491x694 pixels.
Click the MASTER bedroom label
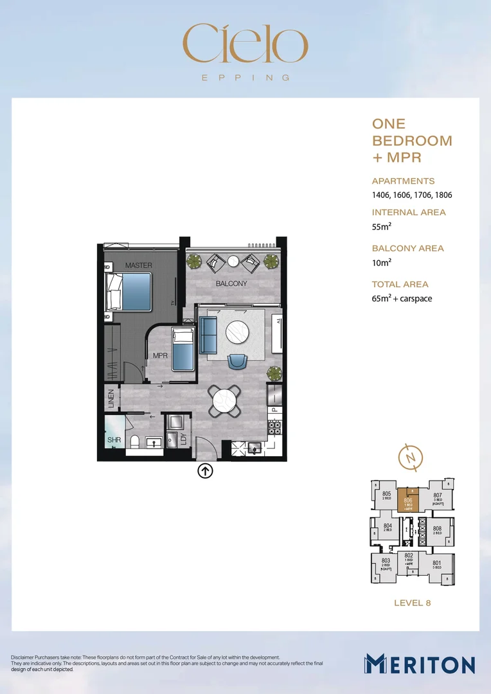138,265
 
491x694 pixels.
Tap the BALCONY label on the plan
231,283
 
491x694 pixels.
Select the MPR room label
160,355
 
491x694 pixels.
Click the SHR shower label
114,441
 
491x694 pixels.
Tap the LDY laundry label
184,440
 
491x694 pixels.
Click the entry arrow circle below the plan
205,471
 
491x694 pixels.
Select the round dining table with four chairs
225,402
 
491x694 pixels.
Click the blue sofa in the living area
208,334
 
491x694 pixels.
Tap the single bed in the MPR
183,350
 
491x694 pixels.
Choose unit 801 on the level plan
437,565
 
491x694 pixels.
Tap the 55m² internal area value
382,227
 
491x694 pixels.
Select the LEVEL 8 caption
411,603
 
